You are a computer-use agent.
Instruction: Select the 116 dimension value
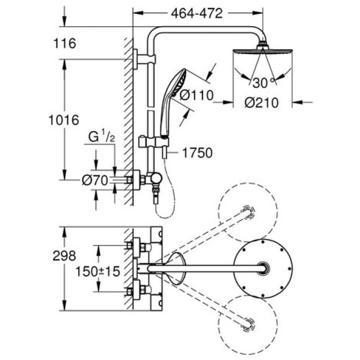coord(65,44)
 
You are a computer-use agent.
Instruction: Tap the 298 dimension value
coord(65,256)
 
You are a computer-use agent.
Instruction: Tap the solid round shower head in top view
coord(264,269)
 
